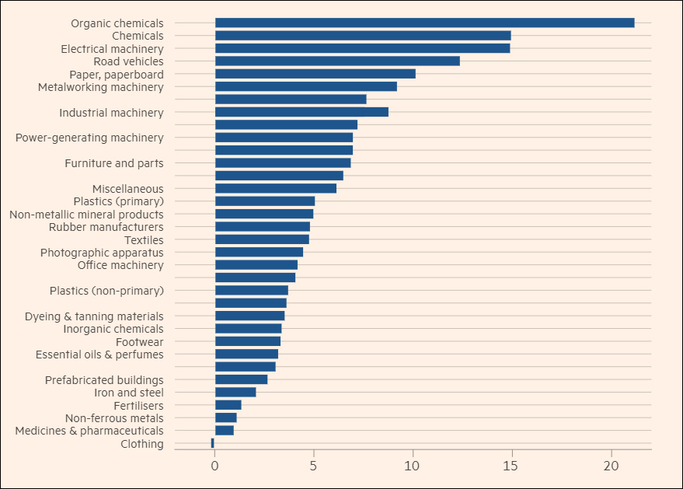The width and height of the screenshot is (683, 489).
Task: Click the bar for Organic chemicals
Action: pos(424,23)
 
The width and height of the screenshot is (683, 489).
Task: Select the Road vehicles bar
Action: pos(337,61)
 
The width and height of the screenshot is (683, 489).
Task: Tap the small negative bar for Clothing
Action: pos(212,443)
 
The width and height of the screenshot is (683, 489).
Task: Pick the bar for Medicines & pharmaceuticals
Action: pos(224,430)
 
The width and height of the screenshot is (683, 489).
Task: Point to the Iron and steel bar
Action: pos(235,392)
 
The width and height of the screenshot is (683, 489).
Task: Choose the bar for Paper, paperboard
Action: pos(315,74)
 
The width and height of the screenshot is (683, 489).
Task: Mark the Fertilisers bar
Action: pos(228,405)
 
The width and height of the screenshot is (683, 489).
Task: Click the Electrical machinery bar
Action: pos(362,48)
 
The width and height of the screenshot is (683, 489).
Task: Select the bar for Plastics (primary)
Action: pos(264,201)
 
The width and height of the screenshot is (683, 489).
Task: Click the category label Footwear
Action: pos(139,341)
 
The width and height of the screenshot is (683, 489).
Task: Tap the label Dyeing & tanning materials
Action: pos(94,316)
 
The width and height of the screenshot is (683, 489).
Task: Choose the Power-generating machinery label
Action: pos(89,138)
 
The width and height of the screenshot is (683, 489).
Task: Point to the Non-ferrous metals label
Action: pos(114,417)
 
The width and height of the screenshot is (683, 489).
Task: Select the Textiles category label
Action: pos(144,239)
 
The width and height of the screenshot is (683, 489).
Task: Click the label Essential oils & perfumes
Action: pos(99,355)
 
